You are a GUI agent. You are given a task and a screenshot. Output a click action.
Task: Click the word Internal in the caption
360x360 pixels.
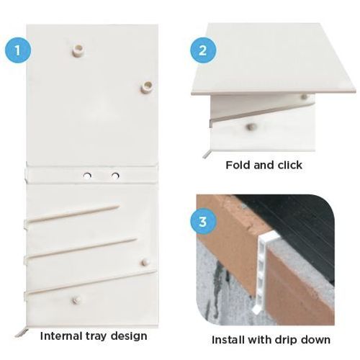(x=60, y=336)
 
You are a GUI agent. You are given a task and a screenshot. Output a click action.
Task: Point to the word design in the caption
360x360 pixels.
(x=130, y=336)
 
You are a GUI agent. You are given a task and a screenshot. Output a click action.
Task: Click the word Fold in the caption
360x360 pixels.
(x=238, y=165)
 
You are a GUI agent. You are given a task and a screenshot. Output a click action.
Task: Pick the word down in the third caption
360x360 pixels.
(x=318, y=339)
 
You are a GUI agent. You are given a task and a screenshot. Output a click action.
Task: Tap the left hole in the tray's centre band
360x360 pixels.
(x=86, y=175)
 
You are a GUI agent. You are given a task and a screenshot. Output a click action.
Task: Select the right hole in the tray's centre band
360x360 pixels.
(x=114, y=175)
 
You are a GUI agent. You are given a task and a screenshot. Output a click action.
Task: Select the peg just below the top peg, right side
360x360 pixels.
(x=146, y=86)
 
